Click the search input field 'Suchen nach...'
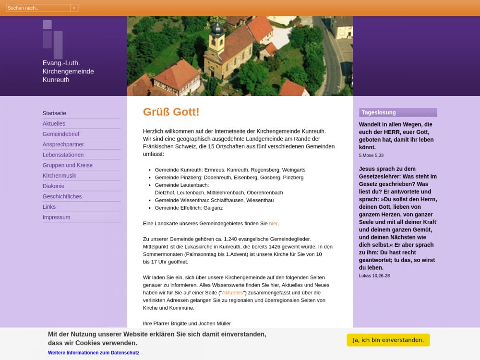pos(38,8)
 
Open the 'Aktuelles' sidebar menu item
pos(54,124)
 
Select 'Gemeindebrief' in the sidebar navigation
pos(61,134)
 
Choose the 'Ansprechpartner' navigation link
pos(63,144)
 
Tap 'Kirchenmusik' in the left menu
pos(60,176)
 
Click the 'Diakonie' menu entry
pos(53,186)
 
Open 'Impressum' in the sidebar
pos(56,217)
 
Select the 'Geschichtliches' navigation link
pos(62,196)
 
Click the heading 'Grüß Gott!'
pos(171,112)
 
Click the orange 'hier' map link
pos(273,224)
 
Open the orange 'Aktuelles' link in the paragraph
pos(232,293)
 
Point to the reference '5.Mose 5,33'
pos(371,156)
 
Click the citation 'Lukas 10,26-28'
pos(374,276)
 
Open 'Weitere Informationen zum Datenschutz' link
pos(94,353)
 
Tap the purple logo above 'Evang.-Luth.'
pos(53,39)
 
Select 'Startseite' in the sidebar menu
pos(54,113)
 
